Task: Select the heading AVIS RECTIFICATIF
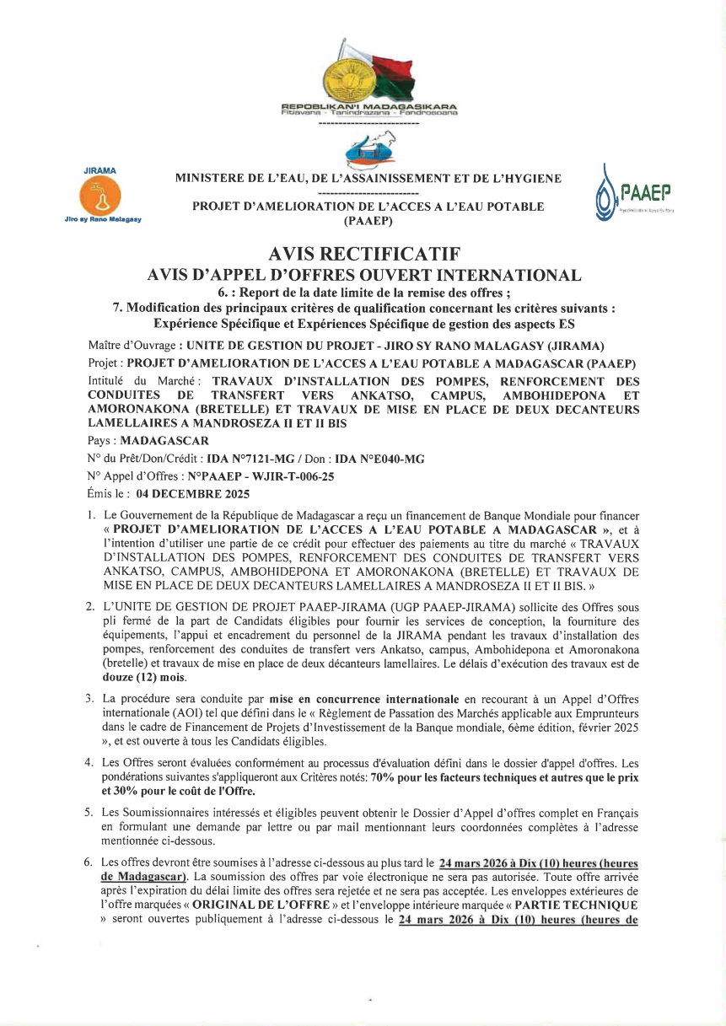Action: (x=363, y=254)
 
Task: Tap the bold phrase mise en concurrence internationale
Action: (x=364, y=700)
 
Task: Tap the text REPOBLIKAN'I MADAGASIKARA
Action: (x=368, y=106)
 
